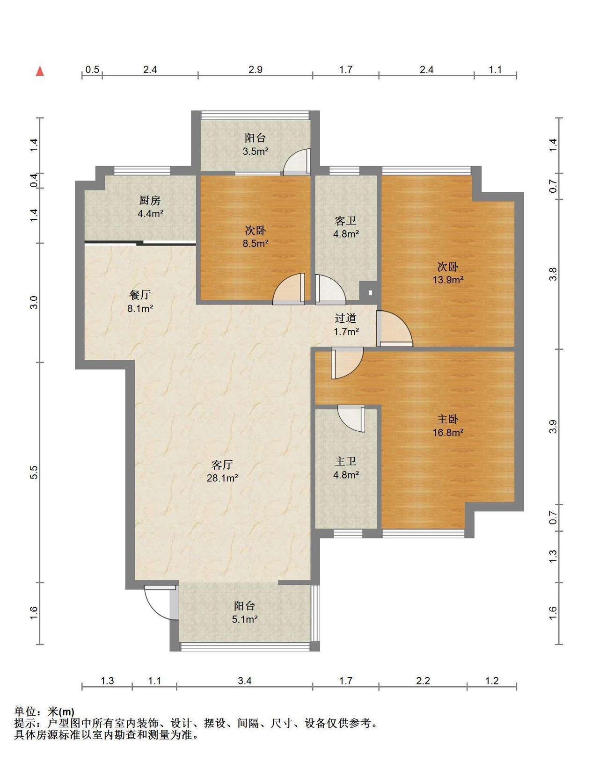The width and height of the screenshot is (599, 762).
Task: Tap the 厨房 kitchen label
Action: (150, 201)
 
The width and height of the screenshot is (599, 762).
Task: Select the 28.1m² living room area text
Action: (222, 478)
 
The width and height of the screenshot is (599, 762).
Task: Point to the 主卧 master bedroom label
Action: (448, 419)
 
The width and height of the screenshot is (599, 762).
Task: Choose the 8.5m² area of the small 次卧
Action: (256, 243)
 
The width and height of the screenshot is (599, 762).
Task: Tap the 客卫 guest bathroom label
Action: (345, 221)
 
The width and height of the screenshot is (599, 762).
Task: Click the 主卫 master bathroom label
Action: (345, 462)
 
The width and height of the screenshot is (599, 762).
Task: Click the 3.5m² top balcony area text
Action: (256, 152)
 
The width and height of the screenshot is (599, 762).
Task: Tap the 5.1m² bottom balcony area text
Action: (245, 620)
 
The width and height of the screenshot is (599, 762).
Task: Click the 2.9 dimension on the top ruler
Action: (256, 69)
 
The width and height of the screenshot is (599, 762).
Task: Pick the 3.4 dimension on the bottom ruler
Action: (244, 681)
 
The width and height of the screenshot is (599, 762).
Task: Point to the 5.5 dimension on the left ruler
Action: (34, 473)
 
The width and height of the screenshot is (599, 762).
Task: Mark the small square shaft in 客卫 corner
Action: (370, 292)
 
